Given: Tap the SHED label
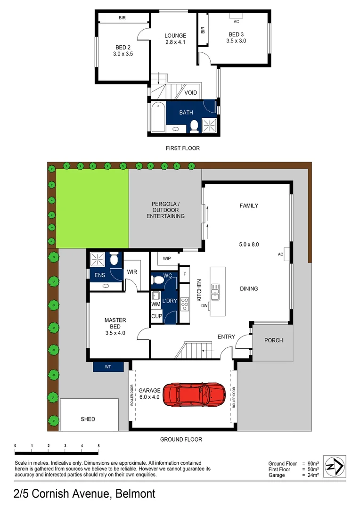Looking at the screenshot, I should pyautogui.click(x=88, y=419).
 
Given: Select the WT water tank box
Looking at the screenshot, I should pyautogui.click(x=108, y=366).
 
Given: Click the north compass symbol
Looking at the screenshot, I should pyautogui.click(x=336, y=466).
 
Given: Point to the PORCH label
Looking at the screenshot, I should pyautogui.click(x=273, y=340).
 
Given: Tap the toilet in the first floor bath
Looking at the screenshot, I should pyautogui.click(x=194, y=126).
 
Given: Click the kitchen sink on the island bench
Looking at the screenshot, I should pyautogui.click(x=215, y=292).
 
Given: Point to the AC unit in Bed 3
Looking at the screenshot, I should pyautogui.click(x=237, y=21).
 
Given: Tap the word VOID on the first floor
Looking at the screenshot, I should pyautogui.click(x=191, y=93).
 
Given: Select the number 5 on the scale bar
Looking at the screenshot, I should pyautogui.click(x=98, y=445).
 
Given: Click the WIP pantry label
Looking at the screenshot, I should pyautogui.click(x=166, y=259).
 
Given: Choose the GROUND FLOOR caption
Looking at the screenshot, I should pyautogui.click(x=181, y=439).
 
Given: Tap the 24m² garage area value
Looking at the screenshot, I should pyautogui.click(x=313, y=475).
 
